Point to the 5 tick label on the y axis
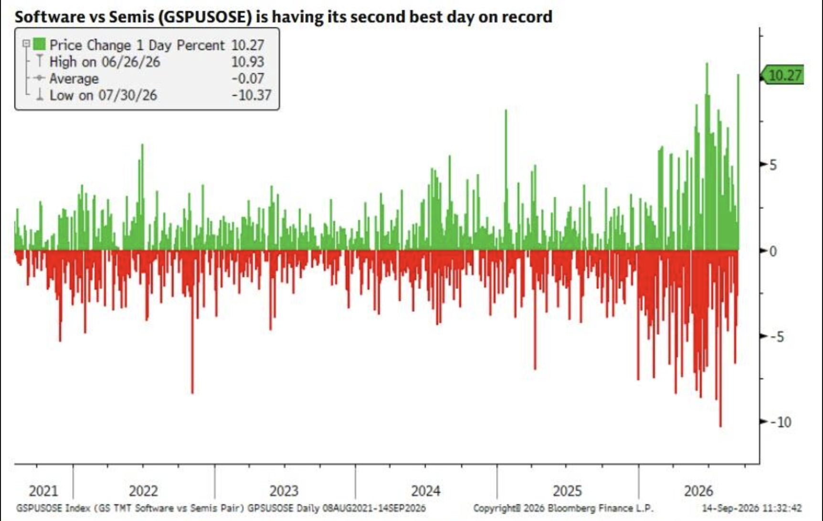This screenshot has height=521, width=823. (x=773, y=166)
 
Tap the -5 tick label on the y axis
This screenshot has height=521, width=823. (x=777, y=337)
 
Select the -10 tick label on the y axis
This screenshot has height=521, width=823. (x=781, y=422)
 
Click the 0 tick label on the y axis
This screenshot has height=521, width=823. (x=773, y=251)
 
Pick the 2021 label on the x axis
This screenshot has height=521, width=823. (x=43, y=490)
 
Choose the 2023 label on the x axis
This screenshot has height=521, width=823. (x=284, y=490)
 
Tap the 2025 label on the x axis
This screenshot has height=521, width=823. (x=568, y=490)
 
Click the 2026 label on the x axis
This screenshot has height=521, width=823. (x=698, y=490)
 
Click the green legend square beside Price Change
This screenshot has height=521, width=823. (x=40, y=44)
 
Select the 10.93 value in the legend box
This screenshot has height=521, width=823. (x=248, y=62)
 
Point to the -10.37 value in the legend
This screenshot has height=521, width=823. (x=252, y=95)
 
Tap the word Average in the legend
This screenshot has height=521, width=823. (x=74, y=78)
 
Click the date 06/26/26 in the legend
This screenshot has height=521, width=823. (x=131, y=62)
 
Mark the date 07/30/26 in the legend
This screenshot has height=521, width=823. (x=127, y=95)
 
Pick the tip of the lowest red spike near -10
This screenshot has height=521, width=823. (x=720, y=427)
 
